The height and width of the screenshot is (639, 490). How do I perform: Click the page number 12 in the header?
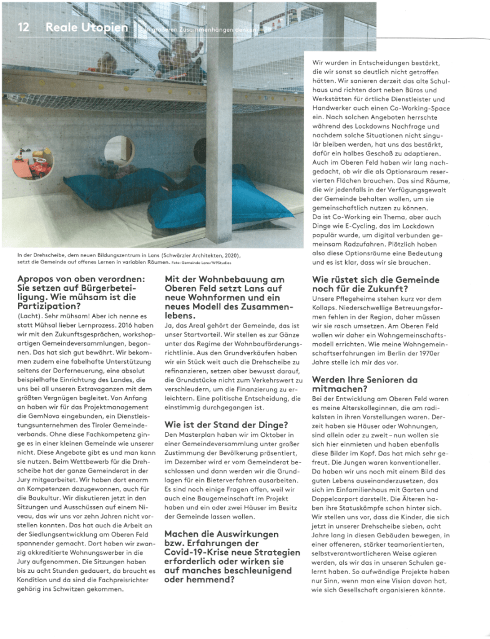point(24,27)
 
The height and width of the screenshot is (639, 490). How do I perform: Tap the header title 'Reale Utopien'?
point(86,27)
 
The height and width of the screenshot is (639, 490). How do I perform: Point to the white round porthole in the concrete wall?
point(119,150)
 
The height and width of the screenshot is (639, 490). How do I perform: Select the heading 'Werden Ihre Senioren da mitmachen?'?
point(365,383)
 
